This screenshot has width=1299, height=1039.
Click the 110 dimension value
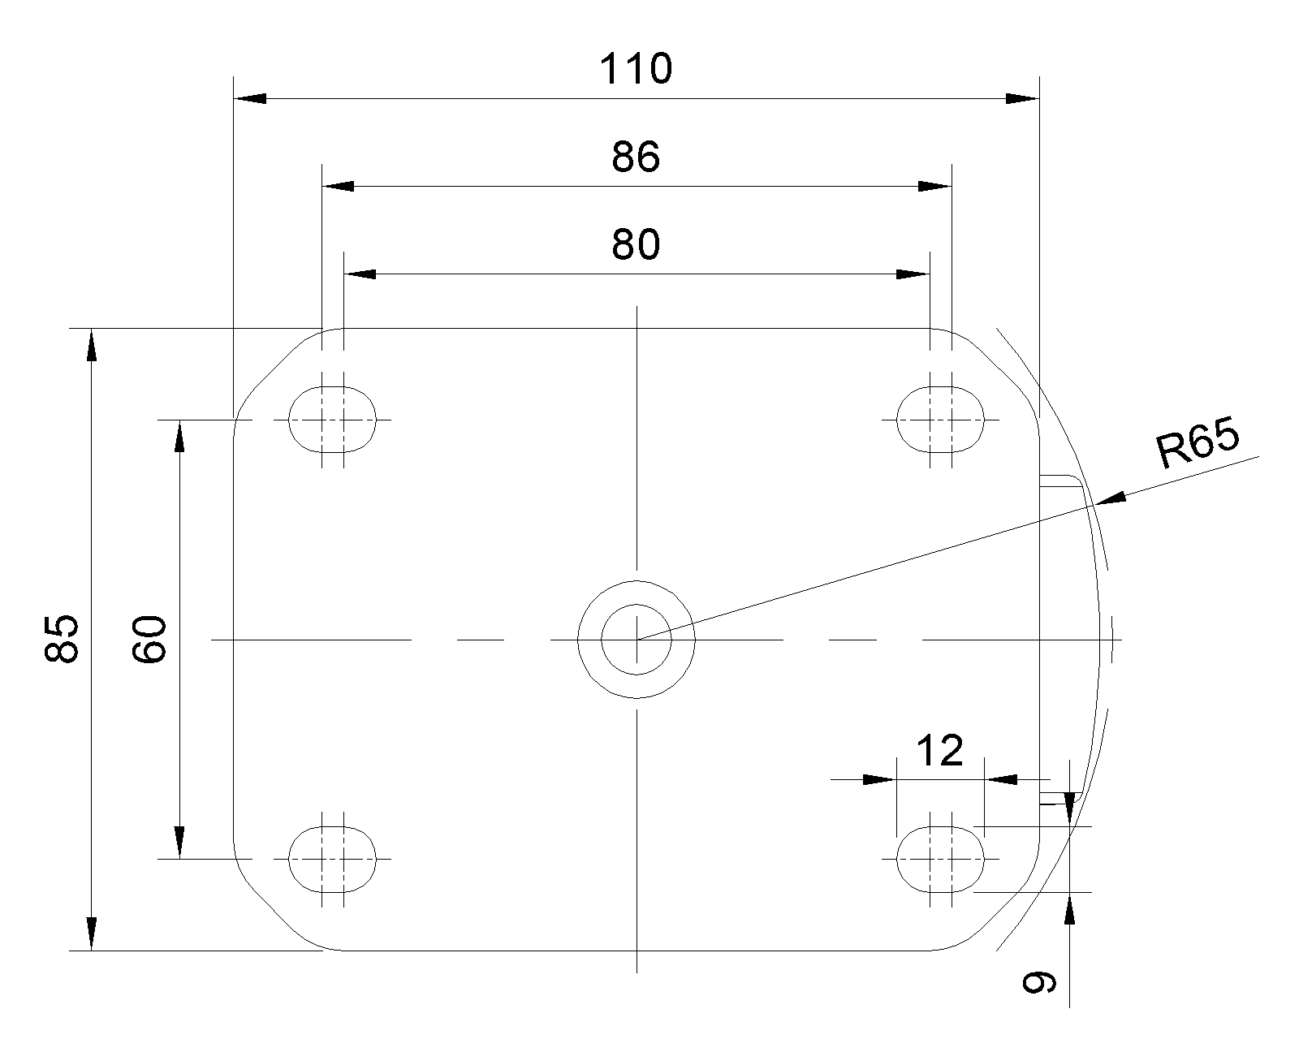click(x=635, y=69)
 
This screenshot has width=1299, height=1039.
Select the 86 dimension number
click(x=636, y=157)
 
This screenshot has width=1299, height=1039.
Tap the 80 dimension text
click(x=636, y=245)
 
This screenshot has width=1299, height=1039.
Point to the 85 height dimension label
click(x=62, y=639)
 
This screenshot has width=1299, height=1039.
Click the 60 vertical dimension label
click(x=149, y=640)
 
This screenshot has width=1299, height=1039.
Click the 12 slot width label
click(x=940, y=751)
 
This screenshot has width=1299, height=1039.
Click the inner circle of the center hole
click(x=637, y=604)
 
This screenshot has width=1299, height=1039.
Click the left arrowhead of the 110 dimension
click(x=250, y=98)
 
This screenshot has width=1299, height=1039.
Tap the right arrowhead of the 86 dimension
click(x=935, y=186)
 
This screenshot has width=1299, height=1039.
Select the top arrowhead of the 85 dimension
click(x=91, y=345)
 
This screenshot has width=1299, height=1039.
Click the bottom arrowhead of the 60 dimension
click(x=179, y=842)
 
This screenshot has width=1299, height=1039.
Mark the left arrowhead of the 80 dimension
click(x=360, y=274)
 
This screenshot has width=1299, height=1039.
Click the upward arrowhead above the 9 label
click(x=1069, y=908)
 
